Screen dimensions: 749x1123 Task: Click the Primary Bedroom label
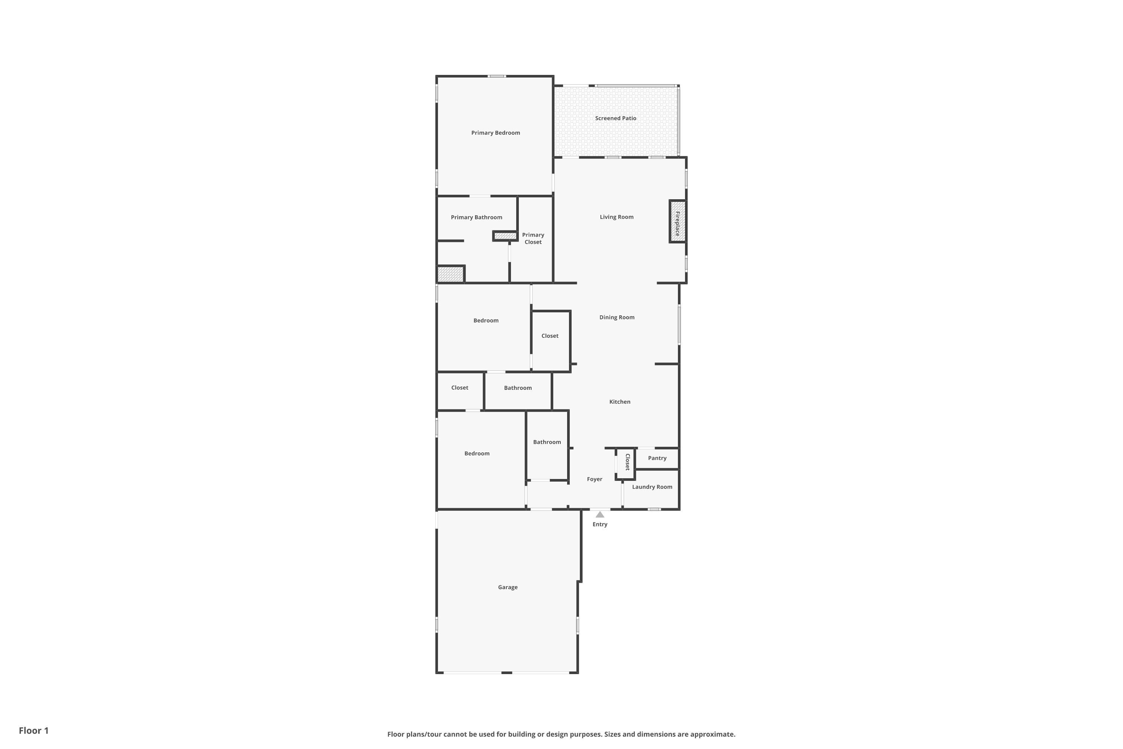495,133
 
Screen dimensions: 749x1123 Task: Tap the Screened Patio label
615,118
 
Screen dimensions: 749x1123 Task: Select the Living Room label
617,217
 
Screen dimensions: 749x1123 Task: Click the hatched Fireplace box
677,222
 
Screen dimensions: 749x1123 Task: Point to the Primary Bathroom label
476,217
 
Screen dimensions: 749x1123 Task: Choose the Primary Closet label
533,238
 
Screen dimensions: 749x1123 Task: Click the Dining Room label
617,317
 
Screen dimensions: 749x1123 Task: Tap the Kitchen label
619,402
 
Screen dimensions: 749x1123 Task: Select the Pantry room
657,458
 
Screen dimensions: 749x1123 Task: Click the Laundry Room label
652,487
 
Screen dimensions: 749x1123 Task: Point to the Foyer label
594,479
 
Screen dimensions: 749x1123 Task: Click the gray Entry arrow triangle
600,515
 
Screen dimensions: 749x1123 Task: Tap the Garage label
508,587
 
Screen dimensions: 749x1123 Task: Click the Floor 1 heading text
33,730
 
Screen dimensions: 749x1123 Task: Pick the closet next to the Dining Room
550,336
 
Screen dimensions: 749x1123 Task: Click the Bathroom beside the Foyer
547,442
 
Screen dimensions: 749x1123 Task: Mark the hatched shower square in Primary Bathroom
450,275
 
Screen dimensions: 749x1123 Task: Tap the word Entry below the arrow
600,525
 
